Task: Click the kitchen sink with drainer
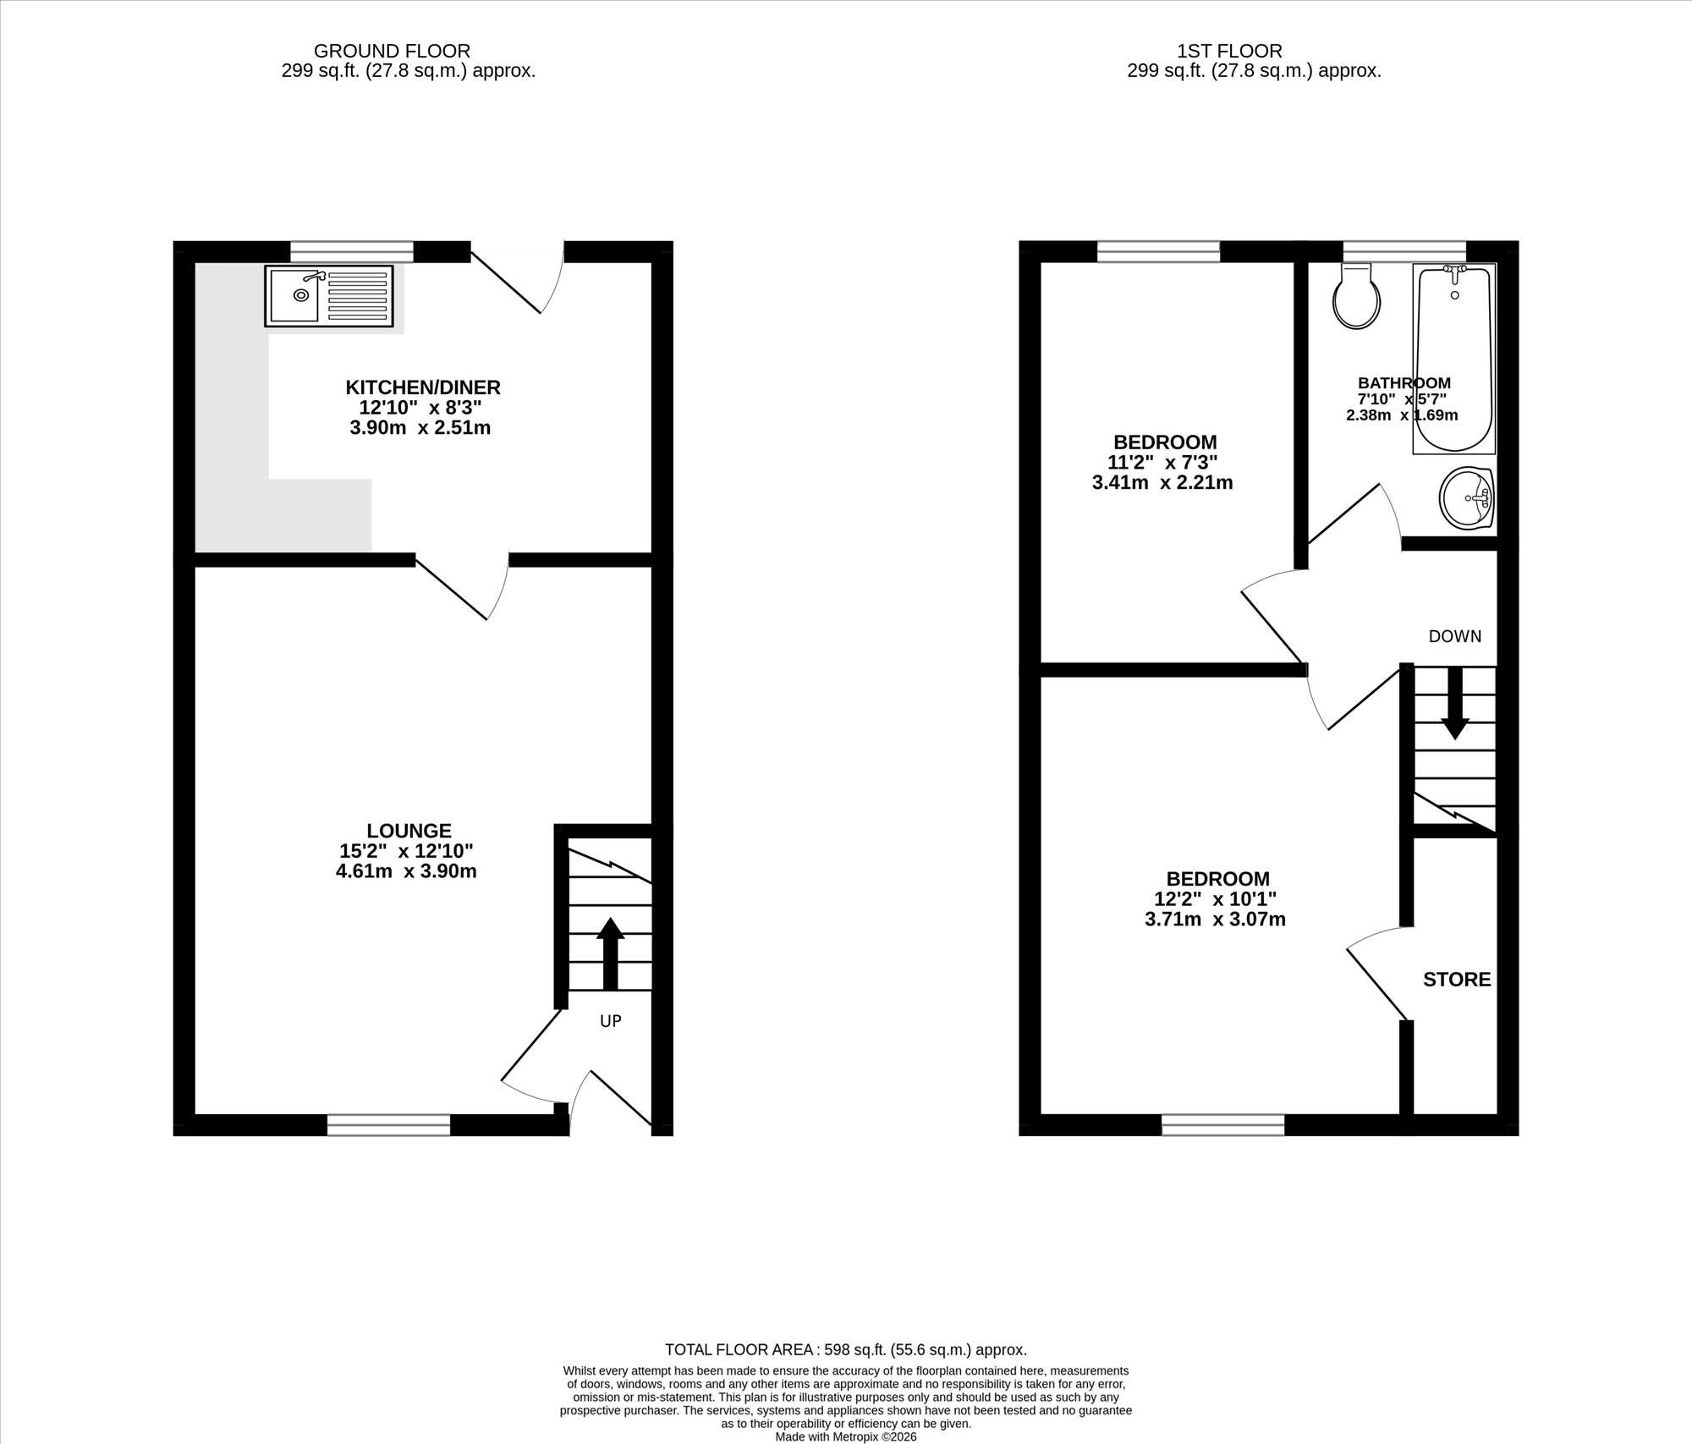click(x=329, y=295)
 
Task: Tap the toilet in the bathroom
click(x=1356, y=295)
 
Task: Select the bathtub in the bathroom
click(x=1454, y=359)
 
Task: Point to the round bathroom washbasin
click(x=1467, y=499)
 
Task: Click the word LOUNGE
click(x=409, y=831)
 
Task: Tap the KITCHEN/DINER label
click(x=423, y=387)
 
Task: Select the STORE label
click(x=1457, y=980)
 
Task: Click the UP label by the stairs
click(x=611, y=1021)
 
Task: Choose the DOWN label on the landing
click(x=1455, y=636)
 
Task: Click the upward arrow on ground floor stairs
click(x=610, y=953)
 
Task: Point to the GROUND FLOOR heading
click(x=392, y=51)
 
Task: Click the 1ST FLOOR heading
click(x=1229, y=51)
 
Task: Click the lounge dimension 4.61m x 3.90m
click(x=406, y=871)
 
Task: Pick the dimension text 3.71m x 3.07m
click(x=1215, y=920)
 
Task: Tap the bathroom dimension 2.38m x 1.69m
click(x=1402, y=415)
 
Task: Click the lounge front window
click(x=388, y=1124)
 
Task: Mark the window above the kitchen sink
click(x=352, y=251)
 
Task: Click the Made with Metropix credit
click(x=846, y=1436)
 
